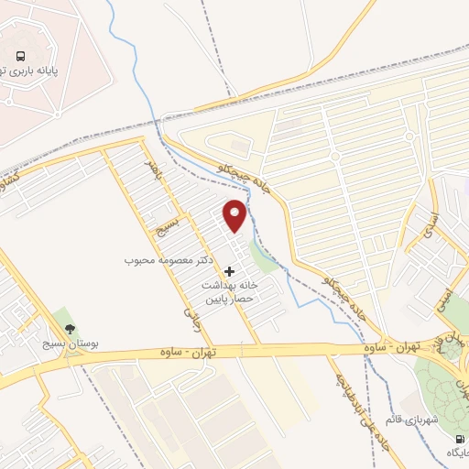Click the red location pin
[235, 214]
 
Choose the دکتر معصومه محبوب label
[169, 260]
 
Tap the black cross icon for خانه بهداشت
[229, 271]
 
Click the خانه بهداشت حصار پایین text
[230, 292]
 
